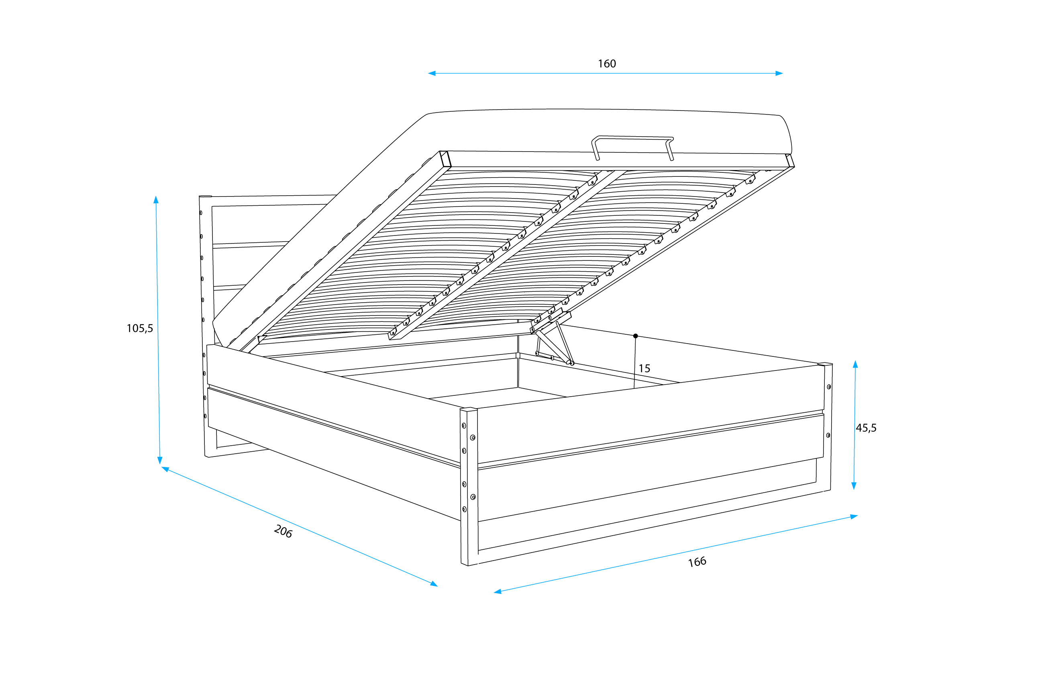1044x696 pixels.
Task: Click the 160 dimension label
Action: click(x=606, y=64)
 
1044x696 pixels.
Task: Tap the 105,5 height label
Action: click(x=140, y=328)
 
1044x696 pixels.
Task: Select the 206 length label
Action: click(x=283, y=531)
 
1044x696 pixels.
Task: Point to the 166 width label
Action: click(x=697, y=562)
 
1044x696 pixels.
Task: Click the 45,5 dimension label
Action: click(x=866, y=428)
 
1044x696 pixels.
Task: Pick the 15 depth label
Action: click(x=644, y=368)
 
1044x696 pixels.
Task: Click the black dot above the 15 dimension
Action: click(x=635, y=336)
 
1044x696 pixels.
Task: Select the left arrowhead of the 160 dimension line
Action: click(x=432, y=73)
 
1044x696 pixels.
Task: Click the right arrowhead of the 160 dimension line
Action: click(x=779, y=73)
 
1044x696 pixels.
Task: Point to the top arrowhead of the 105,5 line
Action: click(x=156, y=200)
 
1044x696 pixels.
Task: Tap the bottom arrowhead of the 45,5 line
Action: click(x=854, y=486)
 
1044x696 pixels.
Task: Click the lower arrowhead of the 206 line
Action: click(x=434, y=584)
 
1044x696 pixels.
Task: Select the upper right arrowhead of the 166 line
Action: click(x=854, y=516)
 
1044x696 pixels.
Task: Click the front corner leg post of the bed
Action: click(x=469, y=486)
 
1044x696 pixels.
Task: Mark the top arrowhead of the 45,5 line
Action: click(x=855, y=364)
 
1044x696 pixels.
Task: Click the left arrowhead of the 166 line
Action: click(x=498, y=591)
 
